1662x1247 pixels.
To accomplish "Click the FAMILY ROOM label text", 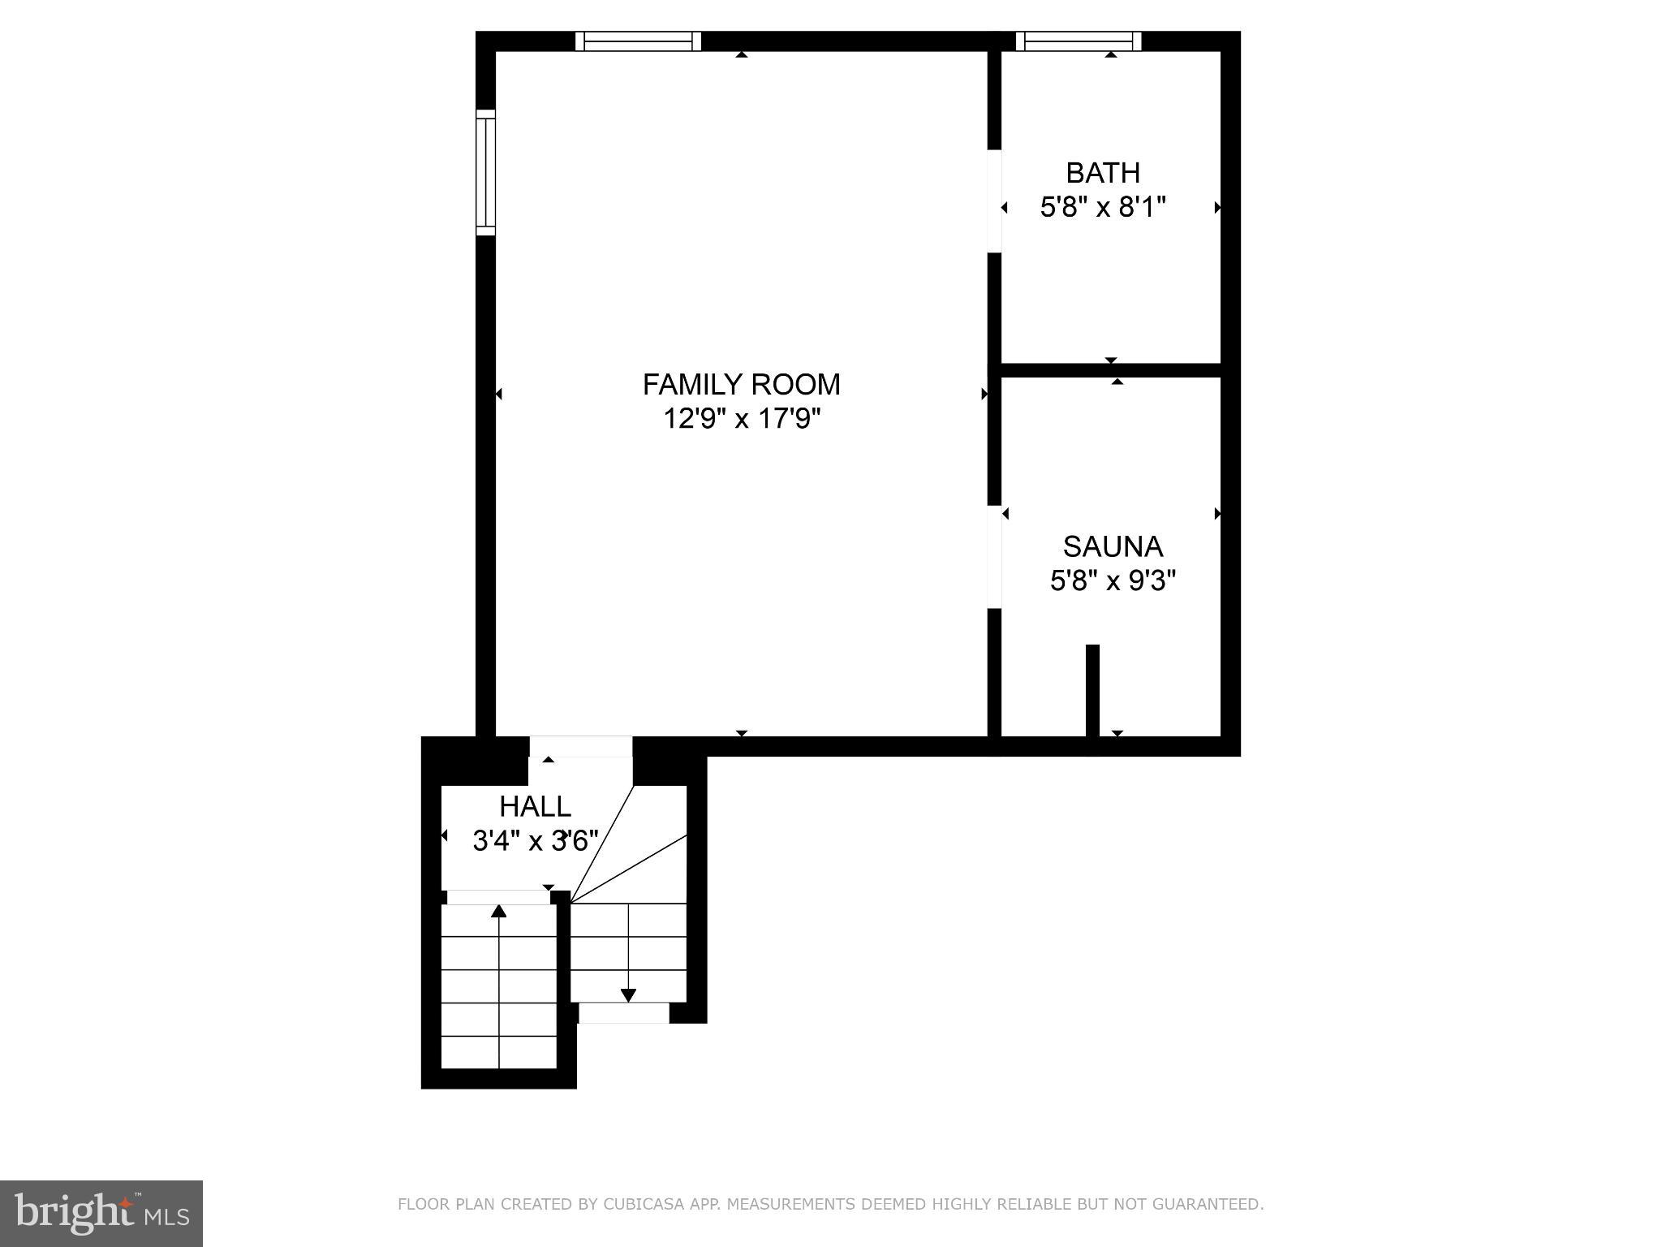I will pyautogui.click(x=741, y=384).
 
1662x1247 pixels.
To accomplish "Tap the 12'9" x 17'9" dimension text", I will pyautogui.click(x=742, y=419).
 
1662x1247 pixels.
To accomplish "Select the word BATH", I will pyautogui.click(x=1102, y=173).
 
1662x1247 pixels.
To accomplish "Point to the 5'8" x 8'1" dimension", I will pyautogui.click(x=1102, y=208).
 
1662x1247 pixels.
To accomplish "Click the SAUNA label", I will pyautogui.click(x=1112, y=546).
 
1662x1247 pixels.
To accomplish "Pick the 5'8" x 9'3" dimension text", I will pyautogui.click(x=1112, y=581).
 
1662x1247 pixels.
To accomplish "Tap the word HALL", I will pyautogui.click(x=535, y=806).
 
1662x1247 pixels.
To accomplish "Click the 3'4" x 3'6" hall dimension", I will pyautogui.click(x=535, y=841).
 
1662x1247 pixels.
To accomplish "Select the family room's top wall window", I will pyautogui.click(x=638, y=41).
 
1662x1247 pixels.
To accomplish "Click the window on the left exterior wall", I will pyautogui.click(x=485, y=172).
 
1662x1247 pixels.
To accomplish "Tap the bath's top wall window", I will pyautogui.click(x=1079, y=41).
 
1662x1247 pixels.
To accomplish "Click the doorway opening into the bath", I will pyautogui.click(x=994, y=201).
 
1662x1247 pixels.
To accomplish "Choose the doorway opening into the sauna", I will pyautogui.click(x=994, y=557).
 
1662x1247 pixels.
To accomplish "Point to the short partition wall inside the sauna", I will pyautogui.click(x=1092, y=690).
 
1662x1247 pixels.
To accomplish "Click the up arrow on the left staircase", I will pyautogui.click(x=498, y=913).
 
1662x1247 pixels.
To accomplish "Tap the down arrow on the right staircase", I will pyautogui.click(x=627, y=995).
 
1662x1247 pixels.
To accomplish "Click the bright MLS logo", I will pyautogui.click(x=101, y=1213).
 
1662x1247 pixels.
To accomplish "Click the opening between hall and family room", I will pyautogui.click(x=580, y=747).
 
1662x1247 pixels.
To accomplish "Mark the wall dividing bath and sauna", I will pyautogui.click(x=1110, y=370).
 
